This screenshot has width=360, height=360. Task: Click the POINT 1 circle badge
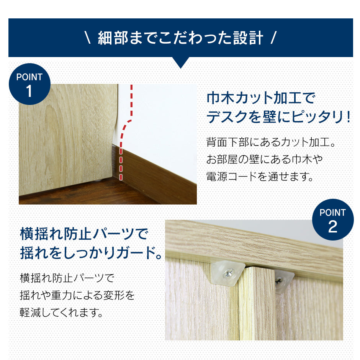point(29,84)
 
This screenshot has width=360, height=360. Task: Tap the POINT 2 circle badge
point(333,220)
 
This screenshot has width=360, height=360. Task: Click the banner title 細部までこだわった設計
point(180,38)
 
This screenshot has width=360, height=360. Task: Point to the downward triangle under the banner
point(181,63)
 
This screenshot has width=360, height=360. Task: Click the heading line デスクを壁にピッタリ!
point(278,117)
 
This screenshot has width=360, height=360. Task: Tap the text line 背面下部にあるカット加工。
point(271,142)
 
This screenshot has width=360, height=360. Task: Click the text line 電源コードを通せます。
point(260,177)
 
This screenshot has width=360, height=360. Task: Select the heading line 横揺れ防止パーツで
point(84,234)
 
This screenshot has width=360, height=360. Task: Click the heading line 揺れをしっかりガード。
point(91,253)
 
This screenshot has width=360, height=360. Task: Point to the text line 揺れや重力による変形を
point(77,295)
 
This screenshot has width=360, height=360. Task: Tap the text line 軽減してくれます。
point(61,313)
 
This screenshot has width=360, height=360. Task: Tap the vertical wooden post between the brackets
point(257,303)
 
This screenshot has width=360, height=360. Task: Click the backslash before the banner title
point(88,38)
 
